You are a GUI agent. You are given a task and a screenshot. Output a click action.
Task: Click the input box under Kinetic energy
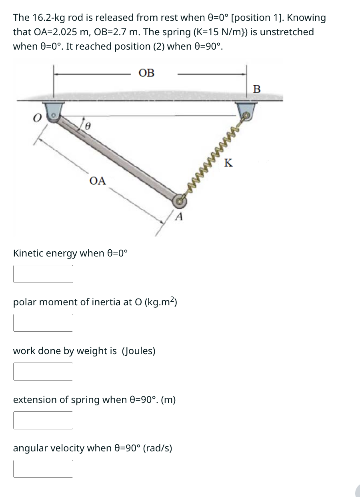pos(43,274)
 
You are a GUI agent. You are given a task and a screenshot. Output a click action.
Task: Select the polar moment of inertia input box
pos(43,323)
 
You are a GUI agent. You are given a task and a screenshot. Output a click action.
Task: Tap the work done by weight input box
pos(43,371)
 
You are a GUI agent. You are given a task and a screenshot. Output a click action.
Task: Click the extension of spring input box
pos(43,420)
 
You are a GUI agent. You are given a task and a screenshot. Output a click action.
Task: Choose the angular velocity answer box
pos(43,469)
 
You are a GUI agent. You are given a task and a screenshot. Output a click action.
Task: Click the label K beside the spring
pos(228,163)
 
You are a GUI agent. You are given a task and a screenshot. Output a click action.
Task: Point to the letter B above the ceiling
pos(257,89)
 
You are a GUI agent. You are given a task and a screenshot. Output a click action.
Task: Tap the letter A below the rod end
pos(179,217)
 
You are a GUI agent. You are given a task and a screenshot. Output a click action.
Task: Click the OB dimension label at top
pos(146,73)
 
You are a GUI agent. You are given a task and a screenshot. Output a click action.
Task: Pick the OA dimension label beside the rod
pos(98,181)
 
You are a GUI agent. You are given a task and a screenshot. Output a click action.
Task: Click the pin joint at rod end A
pos(180,201)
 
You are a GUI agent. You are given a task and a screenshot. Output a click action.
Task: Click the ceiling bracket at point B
pos(246,111)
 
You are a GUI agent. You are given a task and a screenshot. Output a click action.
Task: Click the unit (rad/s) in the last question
pos(157,448)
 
